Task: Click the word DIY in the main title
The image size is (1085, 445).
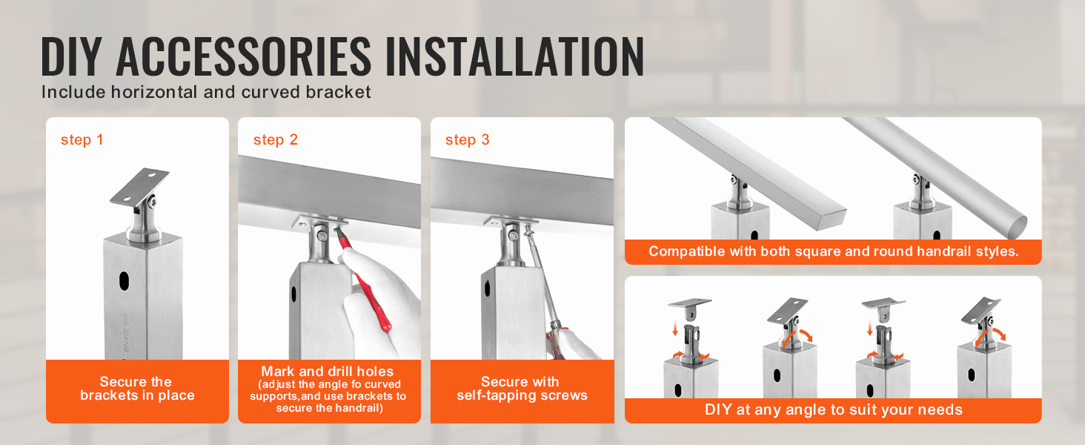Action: (73, 56)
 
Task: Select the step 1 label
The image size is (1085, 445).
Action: (82, 140)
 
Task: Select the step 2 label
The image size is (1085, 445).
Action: (275, 140)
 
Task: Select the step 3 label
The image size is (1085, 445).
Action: (467, 140)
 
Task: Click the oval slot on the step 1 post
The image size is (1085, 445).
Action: (123, 281)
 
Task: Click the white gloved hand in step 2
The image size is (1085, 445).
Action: (385, 297)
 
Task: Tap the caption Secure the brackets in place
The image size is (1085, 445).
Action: (136, 389)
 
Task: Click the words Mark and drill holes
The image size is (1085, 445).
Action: (327, 372)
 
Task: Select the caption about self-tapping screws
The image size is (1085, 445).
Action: (521, 389)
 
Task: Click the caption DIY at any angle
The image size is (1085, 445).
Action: (832, 409)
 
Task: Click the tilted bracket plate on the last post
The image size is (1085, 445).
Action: (981, 310)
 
